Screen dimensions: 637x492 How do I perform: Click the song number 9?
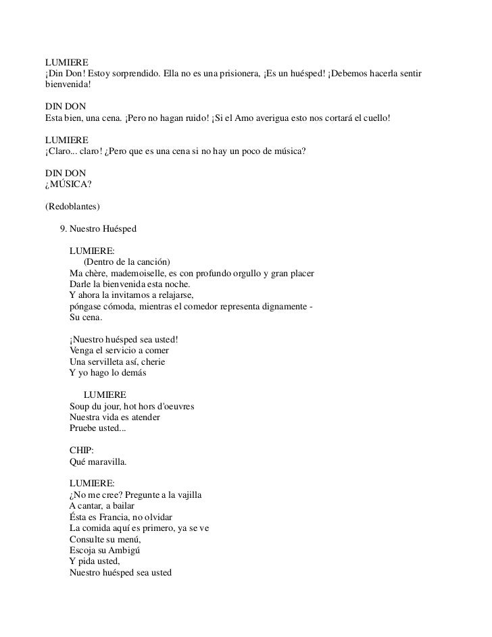tap(63, 229)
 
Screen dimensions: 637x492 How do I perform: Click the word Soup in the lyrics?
tap(80, 406)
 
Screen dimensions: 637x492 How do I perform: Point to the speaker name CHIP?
tap(82, 451)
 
